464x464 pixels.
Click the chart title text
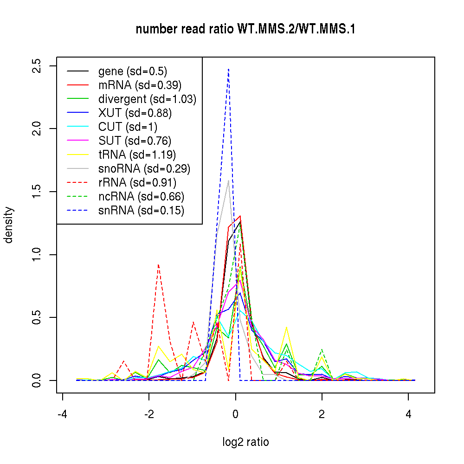(245, 29)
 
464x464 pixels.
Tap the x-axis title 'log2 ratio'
(245, 442)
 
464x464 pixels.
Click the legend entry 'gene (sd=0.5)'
(133, 71)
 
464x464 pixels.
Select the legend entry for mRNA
(140, 85)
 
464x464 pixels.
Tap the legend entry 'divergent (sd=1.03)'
(147, 99)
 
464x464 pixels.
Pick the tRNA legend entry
(137, 155)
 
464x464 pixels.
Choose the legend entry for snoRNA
(144, 169)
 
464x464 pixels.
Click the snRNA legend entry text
(141, 211)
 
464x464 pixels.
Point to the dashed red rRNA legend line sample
(77, 183)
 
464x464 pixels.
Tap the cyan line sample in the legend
(77, 127)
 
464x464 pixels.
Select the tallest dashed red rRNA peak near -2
(158, 264)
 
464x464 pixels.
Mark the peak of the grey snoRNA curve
(228, 180)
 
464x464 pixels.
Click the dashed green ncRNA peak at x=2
(322, 349)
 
